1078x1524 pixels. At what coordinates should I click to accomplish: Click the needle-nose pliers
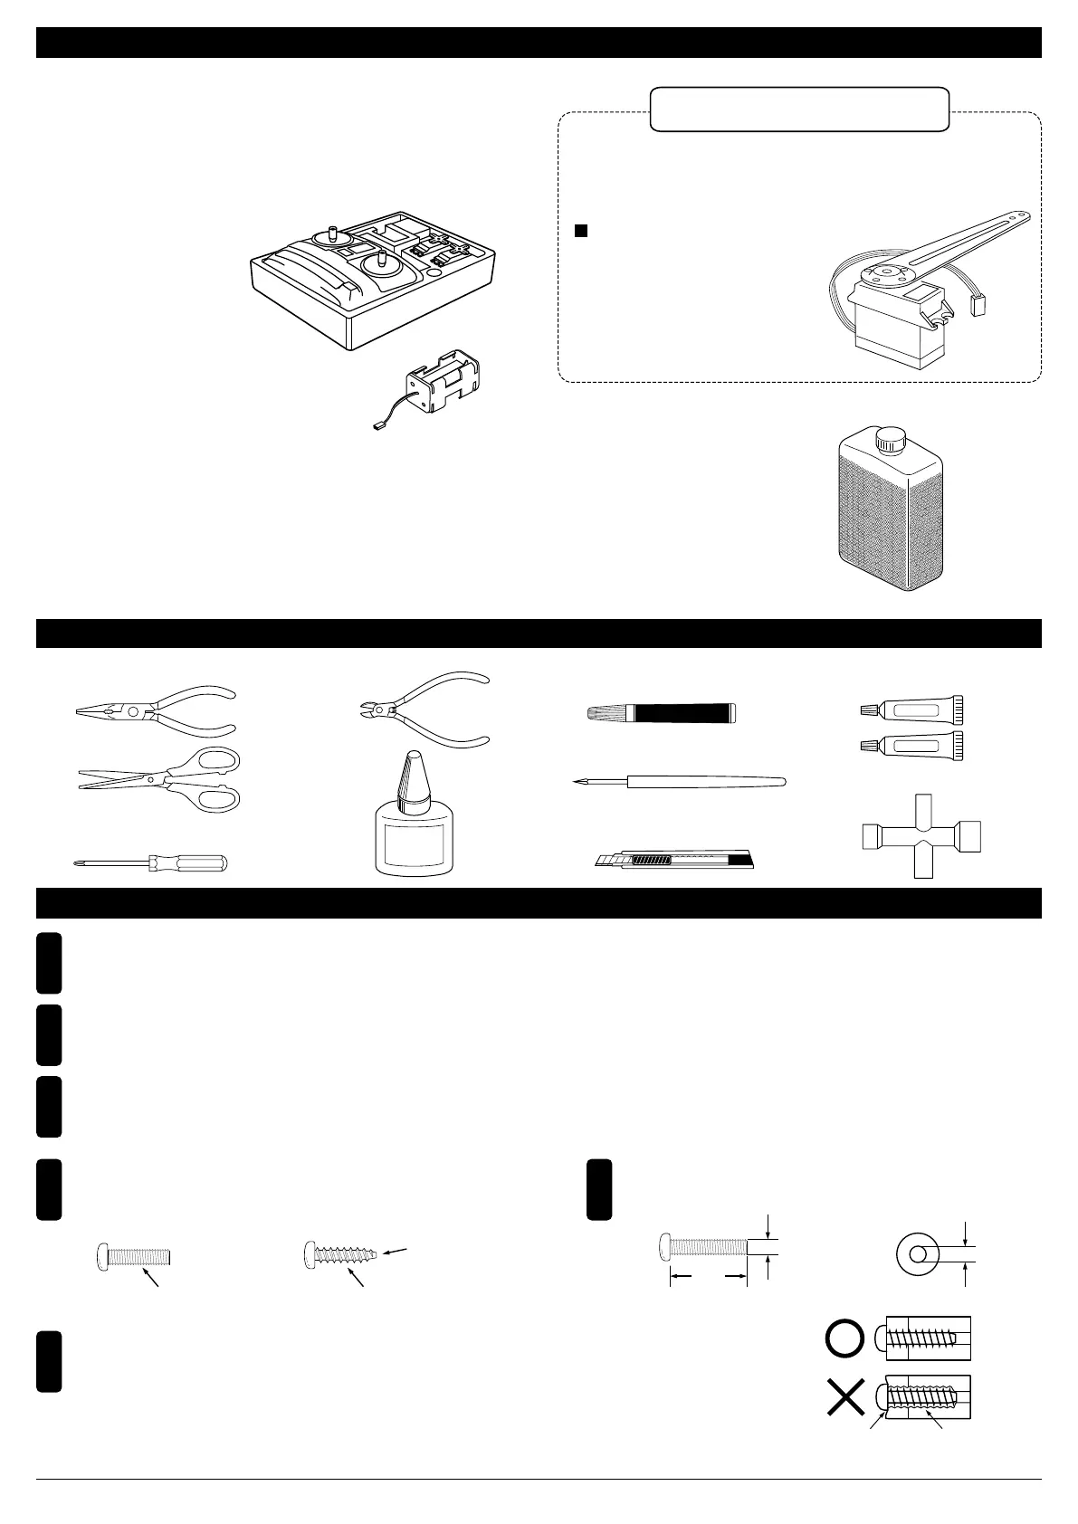[x=154, y=710]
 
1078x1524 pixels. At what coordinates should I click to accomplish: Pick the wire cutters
[x=421, y=710]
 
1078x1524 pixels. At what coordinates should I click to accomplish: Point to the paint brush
[x=661, y=712]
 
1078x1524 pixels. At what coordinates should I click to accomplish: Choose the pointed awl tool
[x=679, y=781]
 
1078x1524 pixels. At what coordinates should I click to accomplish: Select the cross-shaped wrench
[x=921, y=835]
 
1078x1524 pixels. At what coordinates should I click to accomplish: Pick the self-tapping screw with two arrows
[x=340, y=1255]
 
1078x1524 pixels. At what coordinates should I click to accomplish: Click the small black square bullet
[x=582, y=231]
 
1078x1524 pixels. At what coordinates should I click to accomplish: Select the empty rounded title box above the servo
[x=799, y=110]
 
